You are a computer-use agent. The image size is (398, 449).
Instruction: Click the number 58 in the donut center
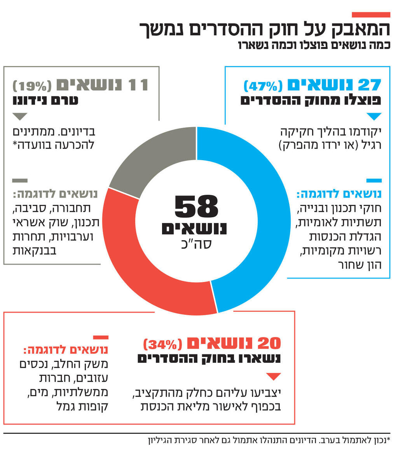[196, 207]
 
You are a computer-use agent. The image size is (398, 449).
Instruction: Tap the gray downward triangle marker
[20, 116]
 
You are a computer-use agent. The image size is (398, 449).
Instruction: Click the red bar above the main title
[371, 15]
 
